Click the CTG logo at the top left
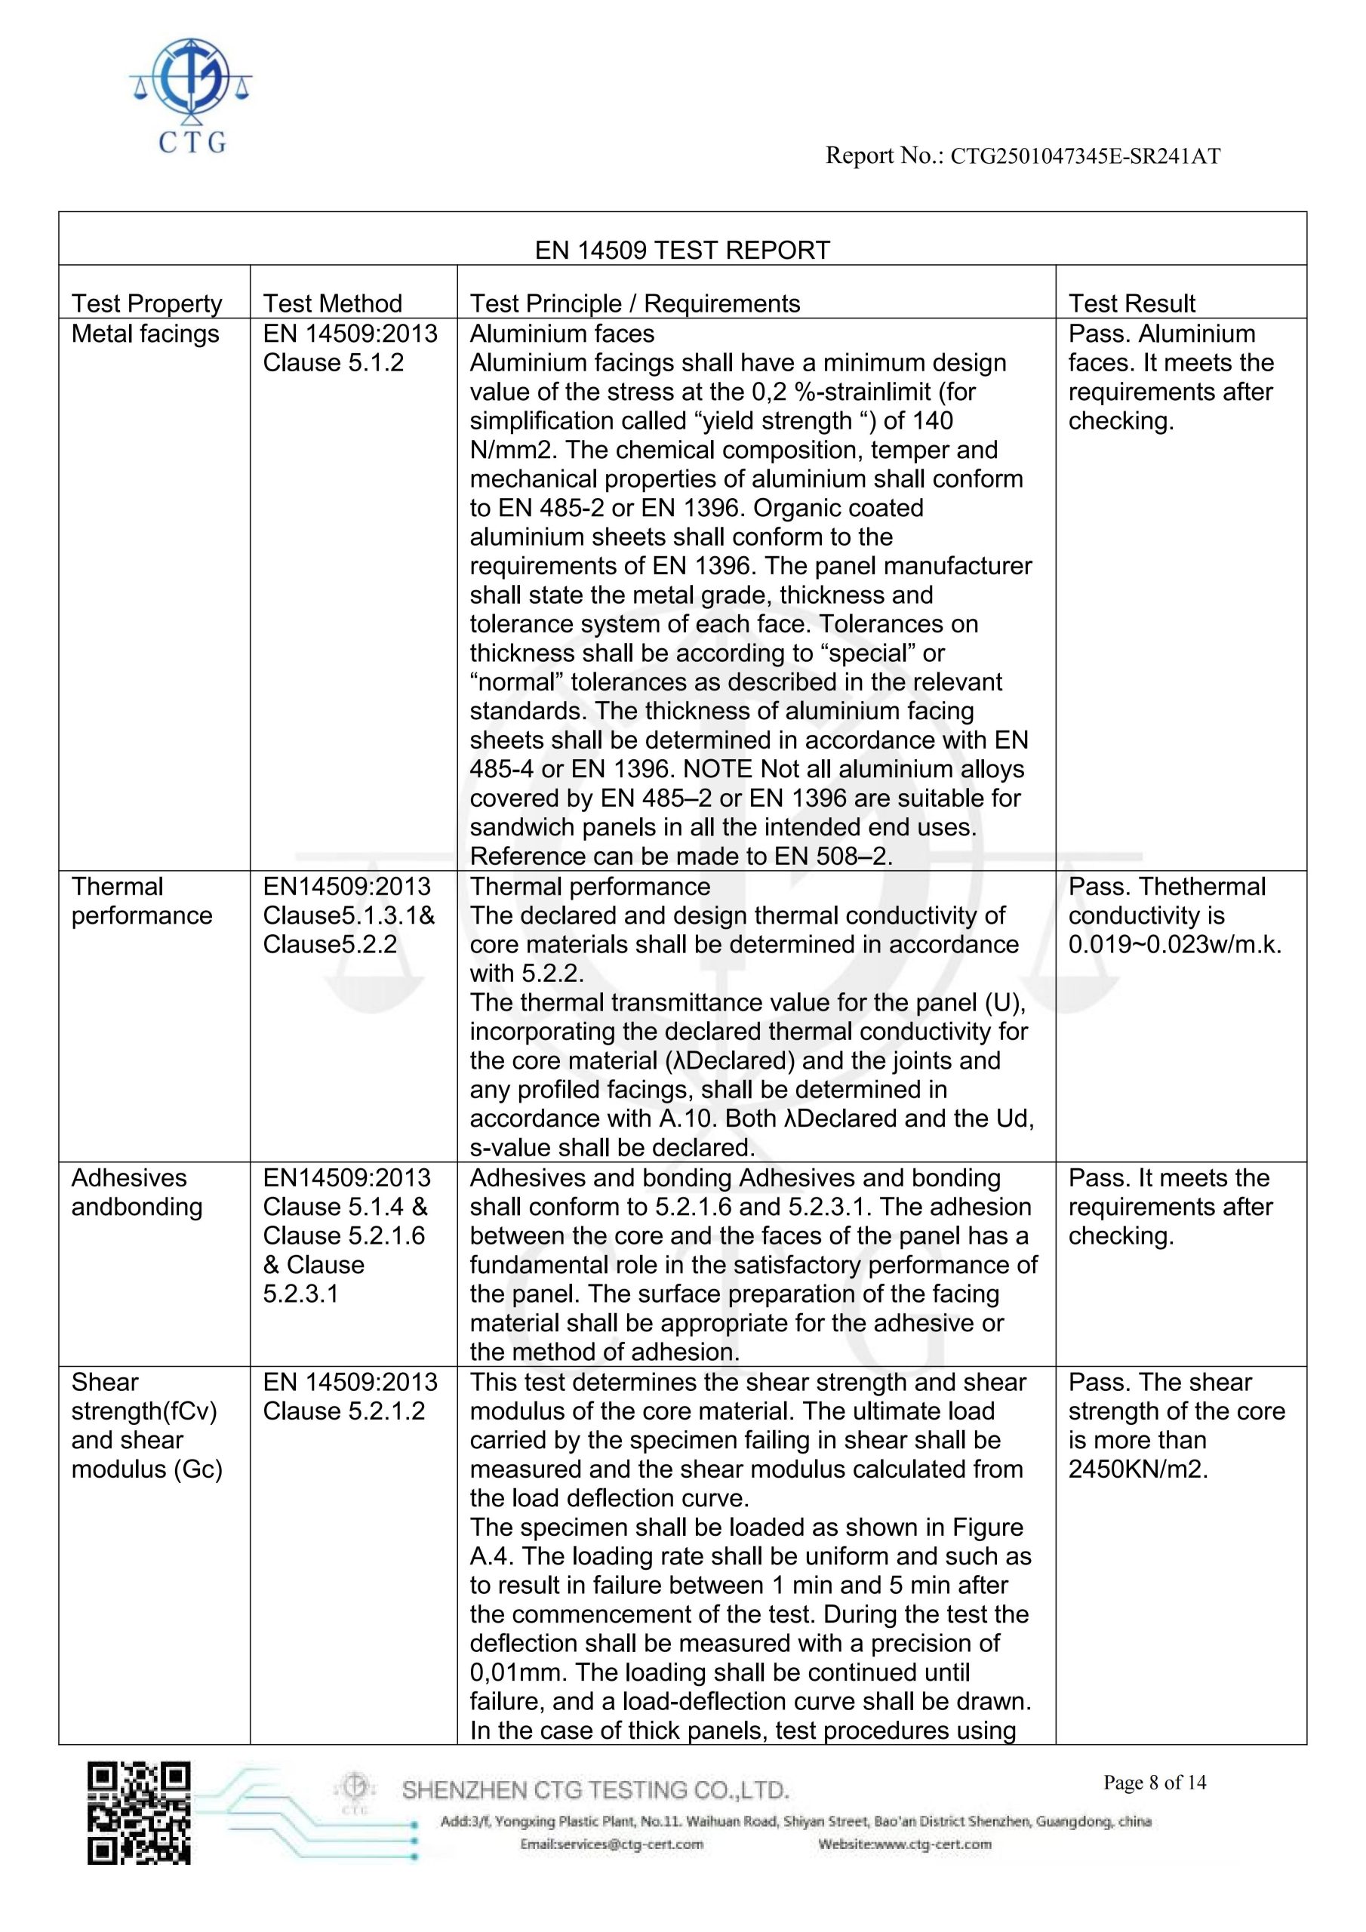click(x=191, y=94)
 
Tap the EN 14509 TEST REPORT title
click(x=681, y=250)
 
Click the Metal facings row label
click(x=145, y=334)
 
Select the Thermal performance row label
click(x=141, y=901)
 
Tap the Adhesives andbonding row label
click(x=137, y=1192)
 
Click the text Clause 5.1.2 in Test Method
click(x=334, y=363)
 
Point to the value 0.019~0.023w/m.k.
click(x=1174, y=945)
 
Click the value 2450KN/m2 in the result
click(x=1137, y=1469)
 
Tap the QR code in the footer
click(x=139, y=1812)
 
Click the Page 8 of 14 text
click(x=1154, y=1783)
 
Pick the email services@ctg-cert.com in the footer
click(x=612, y=1844)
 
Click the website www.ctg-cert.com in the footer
click(x=905, y=1844)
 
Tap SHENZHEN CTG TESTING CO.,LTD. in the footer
click(x=595, y=1790)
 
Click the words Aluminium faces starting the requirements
click(x=561, y=334)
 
